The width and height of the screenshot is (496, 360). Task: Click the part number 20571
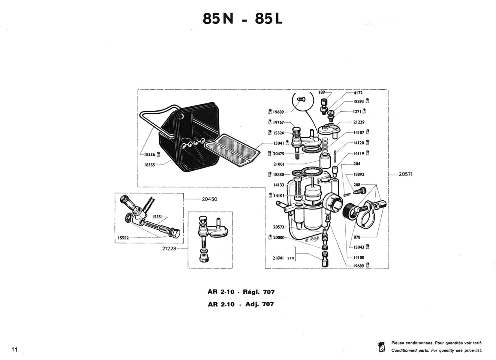pos(406,174)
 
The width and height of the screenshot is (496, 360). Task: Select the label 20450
pos(210,199)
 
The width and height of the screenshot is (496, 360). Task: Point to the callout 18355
pos(149,165)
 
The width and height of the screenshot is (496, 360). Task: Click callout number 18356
pos(149,154)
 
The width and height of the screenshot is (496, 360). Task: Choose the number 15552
pos(123,238)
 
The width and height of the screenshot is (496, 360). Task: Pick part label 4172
pos(358,93)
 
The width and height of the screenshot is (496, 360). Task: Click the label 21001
pos(279,164)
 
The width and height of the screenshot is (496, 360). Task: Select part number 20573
pos(278,227)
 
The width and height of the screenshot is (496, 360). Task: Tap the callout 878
pos(357,237)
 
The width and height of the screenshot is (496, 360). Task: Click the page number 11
pos(14,349)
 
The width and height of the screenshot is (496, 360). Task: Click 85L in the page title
pos(269,19)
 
